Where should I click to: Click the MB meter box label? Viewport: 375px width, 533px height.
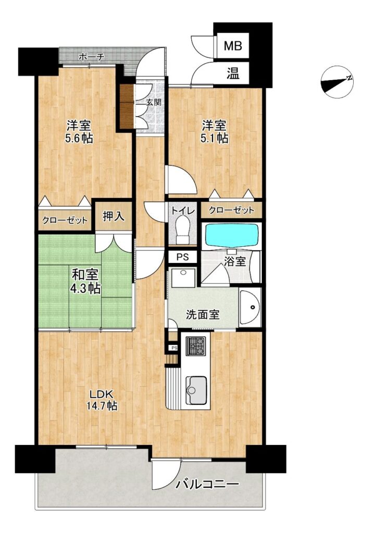click(x=233, y=45)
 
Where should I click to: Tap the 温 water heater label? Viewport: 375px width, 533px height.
click(x=233, y=73)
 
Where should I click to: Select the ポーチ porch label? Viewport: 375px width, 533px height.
click(x=91, y=57)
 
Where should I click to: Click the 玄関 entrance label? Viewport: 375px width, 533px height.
click(x=154, y=102)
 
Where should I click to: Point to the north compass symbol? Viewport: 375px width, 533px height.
click(x=337, y=82)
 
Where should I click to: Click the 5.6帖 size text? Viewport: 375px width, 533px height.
click(x=79, y=138)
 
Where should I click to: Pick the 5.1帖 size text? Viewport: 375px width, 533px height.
click(x=214, y=138)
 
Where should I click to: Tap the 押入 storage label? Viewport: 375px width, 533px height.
click(x=114, y=216)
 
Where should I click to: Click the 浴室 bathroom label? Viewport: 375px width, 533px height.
click(x=235, y=262)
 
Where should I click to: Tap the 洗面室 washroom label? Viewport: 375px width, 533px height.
click(x=203, y=315)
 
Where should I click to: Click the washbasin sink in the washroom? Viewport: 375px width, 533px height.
click(x=250, y=307)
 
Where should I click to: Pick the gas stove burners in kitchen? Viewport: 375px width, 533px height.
click(x=196, y=346)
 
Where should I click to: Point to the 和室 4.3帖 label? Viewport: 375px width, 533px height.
click(x=85, y=282)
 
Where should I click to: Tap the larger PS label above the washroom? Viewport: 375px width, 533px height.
click(x=183, y=257)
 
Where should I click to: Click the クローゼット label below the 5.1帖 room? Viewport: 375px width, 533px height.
click(x=231, y=210)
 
